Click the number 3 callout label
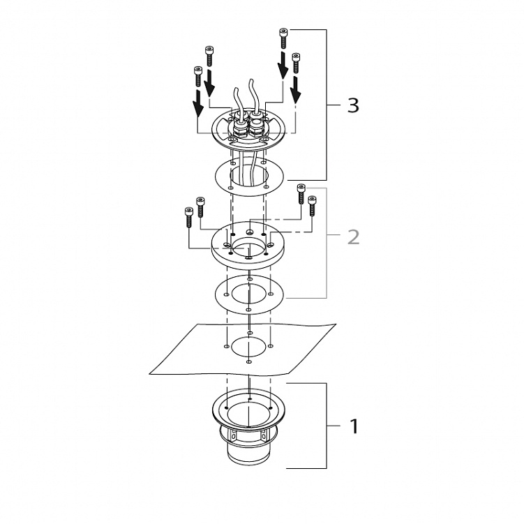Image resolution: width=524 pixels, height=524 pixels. click(353, 105)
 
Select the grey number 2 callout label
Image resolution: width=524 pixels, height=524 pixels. click(353, 237)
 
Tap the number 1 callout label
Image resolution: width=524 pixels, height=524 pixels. click(354, 426)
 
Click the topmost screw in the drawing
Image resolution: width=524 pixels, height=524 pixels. click(283, 38)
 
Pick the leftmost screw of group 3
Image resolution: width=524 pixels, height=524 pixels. click(198, 76)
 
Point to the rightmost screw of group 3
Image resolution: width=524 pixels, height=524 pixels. click(296, 63)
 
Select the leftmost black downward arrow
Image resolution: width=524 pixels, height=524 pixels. click(198, 103)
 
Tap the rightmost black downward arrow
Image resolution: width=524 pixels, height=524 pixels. click(296, 89)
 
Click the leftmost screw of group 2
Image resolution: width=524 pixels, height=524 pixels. click(189, 217)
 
